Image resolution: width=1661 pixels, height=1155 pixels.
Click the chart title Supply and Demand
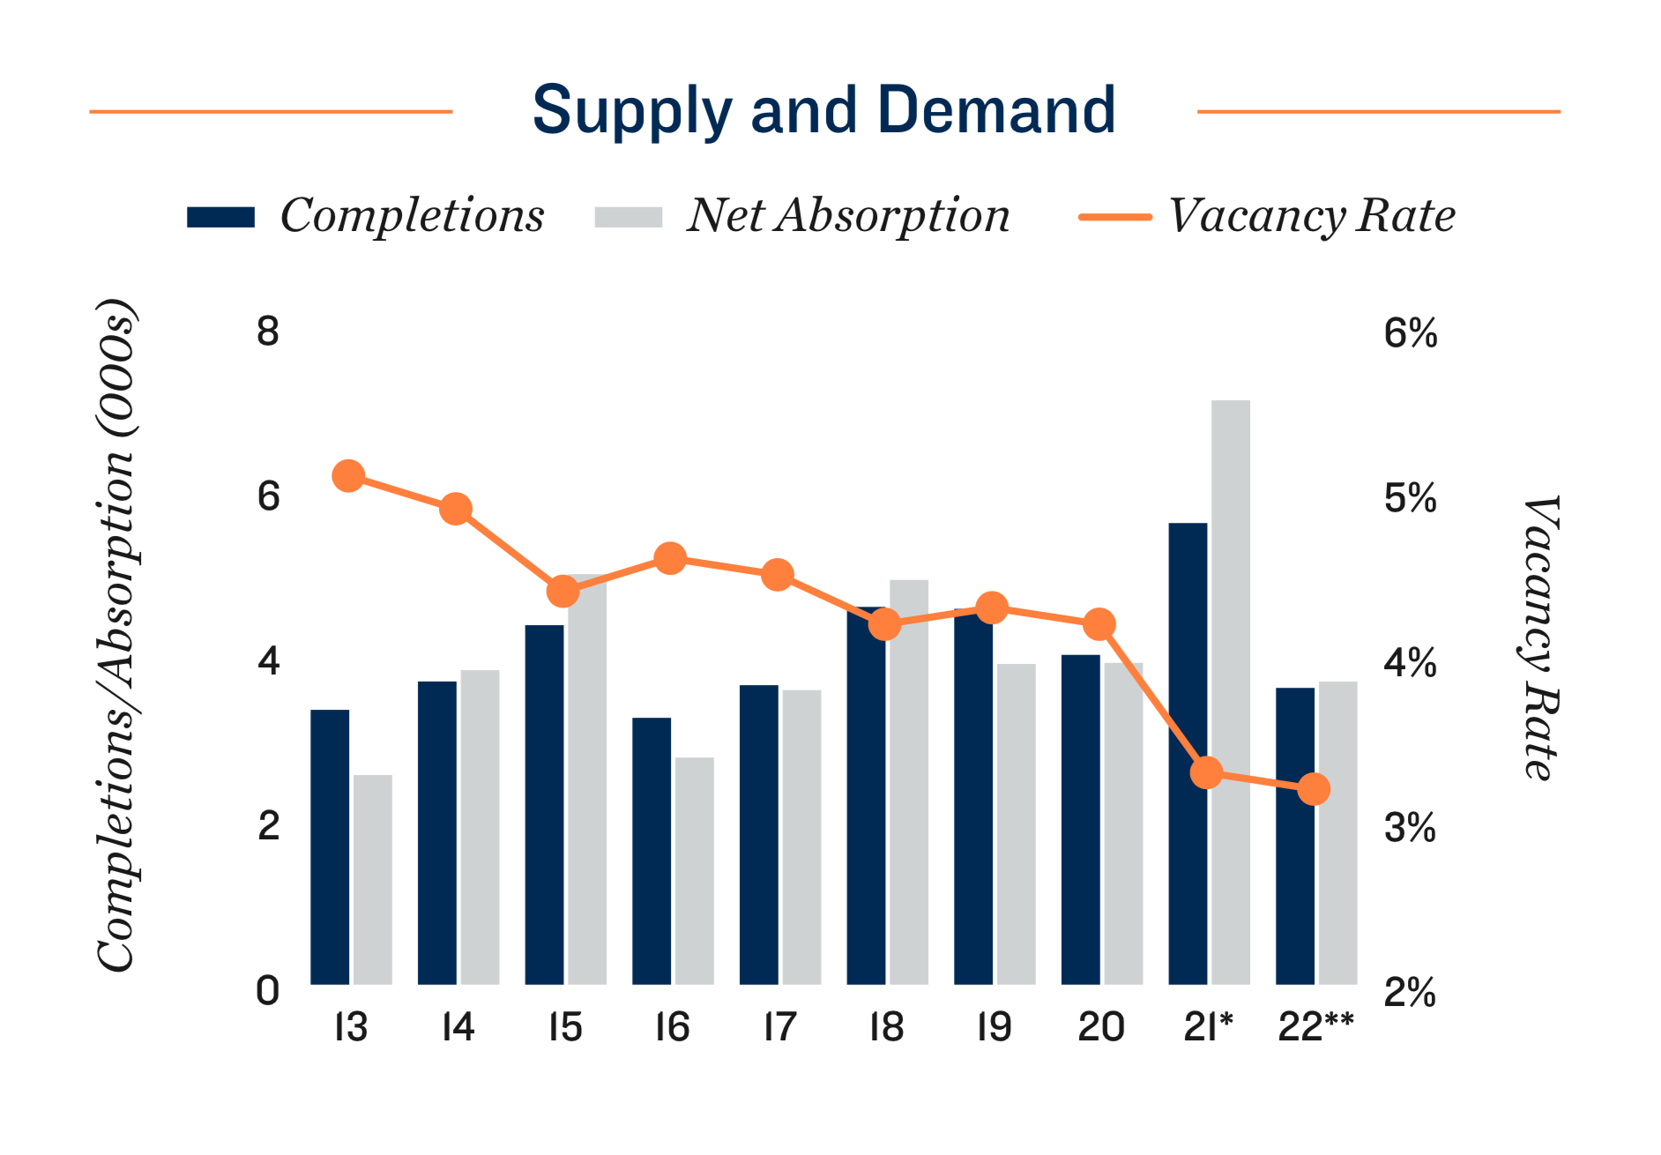click(x=823, y=110)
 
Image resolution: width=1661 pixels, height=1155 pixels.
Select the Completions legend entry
click(x=365, y=216)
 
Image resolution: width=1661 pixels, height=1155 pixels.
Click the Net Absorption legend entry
click(x=802, y=216)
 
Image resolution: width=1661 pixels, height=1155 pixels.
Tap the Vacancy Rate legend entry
click(x=1267, y=216)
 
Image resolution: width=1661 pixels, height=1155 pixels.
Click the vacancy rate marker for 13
click(x=348, y=476)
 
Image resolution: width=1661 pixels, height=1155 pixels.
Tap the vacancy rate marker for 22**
click(x=1314, y=789)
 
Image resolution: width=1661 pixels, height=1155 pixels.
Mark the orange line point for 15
click(x=562, y=592)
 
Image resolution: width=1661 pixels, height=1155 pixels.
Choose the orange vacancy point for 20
click(x=1099, y=624)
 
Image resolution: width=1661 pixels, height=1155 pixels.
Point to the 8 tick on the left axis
click(x=268, y=332)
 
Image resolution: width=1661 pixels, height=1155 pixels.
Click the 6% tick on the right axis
click(x=1410, y=333)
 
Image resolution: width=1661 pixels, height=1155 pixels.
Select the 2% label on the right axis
click(x=1410, y=993)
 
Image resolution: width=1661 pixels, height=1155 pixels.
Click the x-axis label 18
click(x=886, y=1027)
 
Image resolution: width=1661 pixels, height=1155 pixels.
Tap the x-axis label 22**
click(x=1315, y=1027)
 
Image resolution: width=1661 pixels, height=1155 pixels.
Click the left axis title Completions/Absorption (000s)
click(x=115, y=635)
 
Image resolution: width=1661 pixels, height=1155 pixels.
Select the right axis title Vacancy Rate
click(x=1541, y=637)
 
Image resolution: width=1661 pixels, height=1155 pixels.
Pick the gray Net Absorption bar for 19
click(x=1016, y=824)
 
